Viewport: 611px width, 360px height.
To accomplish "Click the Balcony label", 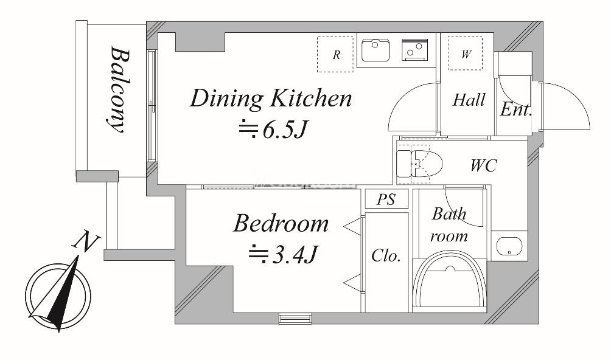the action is [x=118, y=90].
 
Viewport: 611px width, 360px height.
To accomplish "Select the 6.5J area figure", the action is [x=273, y=130].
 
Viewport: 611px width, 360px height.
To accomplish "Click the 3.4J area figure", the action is [x=284, y=255].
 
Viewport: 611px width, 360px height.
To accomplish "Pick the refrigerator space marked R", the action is [x=335, y=54].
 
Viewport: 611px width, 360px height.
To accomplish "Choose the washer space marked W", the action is [x=466, y=54].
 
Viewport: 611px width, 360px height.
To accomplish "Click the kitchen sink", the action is [x=375, y=50].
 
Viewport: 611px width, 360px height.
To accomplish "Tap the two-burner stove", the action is [x=414, y=50].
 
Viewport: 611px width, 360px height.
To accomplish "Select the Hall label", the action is [x=469, y=100].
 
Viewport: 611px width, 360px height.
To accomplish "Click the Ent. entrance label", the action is [x=516, y=109].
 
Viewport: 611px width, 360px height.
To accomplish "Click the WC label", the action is [x=484, y=165].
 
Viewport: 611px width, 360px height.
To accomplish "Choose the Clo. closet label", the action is [x=386, y=255].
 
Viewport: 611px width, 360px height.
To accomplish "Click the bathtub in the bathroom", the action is [x=450, y=284].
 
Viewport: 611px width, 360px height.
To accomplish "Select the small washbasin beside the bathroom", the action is [x=509, y=246].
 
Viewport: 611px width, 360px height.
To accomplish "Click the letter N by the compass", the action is [x=86, y=241].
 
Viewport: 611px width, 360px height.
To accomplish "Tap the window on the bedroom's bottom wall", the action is [x=295, y=319].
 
